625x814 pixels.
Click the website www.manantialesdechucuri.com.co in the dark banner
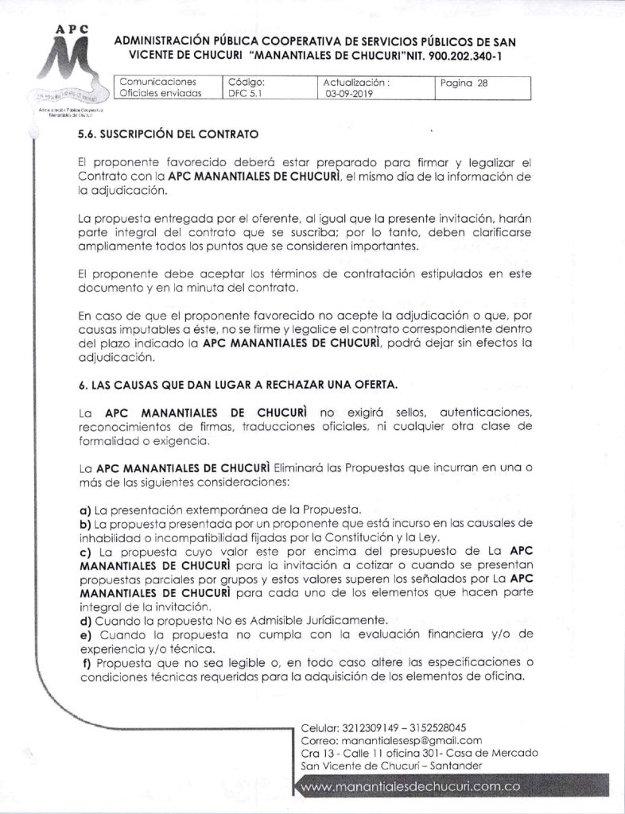411,786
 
